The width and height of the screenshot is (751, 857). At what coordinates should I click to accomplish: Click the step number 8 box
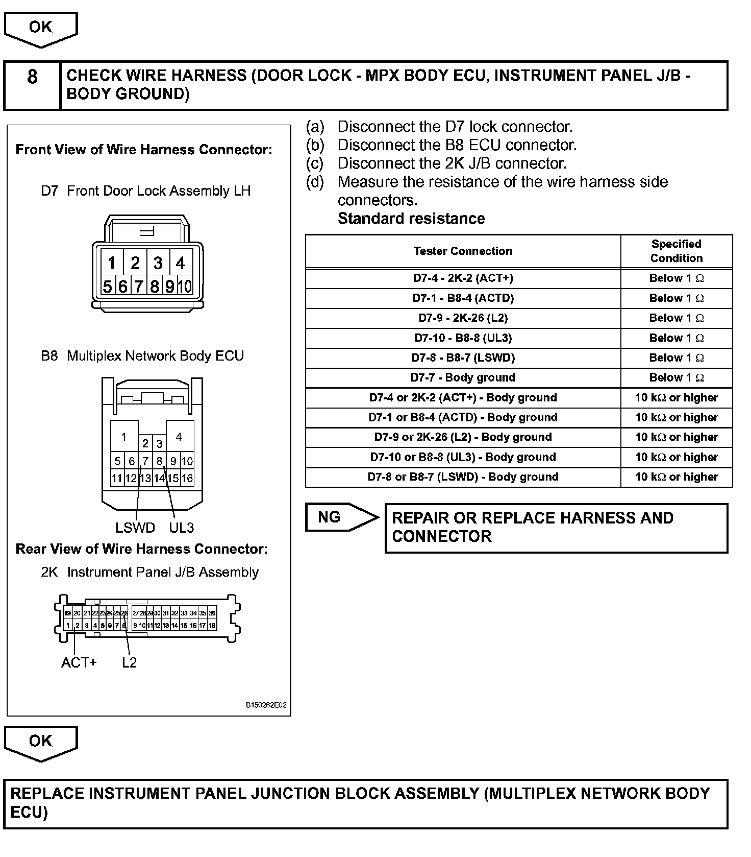pos(32,77)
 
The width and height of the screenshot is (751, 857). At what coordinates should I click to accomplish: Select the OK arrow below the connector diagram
pos(40,741)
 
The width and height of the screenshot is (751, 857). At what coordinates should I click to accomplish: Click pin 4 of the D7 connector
pos(181,263)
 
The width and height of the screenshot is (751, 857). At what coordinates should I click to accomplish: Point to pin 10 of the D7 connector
pos(185,287)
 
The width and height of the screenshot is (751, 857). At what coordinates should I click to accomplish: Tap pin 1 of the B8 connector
pos(124,437)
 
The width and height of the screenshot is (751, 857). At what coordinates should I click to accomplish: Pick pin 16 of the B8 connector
pos(187,478)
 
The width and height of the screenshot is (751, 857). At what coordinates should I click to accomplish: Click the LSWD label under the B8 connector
pos(135,528)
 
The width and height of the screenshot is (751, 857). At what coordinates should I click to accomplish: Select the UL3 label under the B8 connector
pos(181,528)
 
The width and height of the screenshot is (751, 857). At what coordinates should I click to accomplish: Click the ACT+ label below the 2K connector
pos(79,662)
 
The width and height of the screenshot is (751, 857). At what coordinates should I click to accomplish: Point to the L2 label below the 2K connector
pos(130,662)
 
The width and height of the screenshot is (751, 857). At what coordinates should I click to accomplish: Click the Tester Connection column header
pos(463,251)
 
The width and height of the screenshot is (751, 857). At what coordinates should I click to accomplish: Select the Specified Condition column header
pos(676,251)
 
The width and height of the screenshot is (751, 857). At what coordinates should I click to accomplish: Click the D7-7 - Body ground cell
pos(463,377)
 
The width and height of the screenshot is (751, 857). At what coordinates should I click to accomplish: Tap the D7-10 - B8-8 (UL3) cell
pos(463,338)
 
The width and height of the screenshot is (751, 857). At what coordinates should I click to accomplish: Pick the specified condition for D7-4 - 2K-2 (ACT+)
pos(676,278)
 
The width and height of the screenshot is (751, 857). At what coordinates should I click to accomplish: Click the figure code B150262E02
pos(266,705)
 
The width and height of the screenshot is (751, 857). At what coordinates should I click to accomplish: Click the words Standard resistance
pos(411,219)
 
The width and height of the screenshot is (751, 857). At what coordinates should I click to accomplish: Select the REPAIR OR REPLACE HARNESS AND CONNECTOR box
pos(556,528)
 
